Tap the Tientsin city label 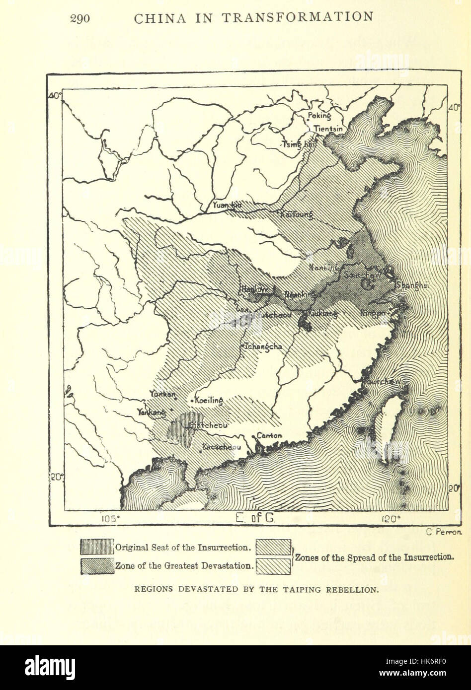tap(328, 129)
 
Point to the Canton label tap(269, 435)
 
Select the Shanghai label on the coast tap(413, 285)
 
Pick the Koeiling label tap(209, 400)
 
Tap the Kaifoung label tap(297, 214)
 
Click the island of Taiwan tap(391, 427)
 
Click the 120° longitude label tap(392, 519)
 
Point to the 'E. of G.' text tap(255, 519)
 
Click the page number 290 tap(80, 18)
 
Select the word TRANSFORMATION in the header tap(298, 17)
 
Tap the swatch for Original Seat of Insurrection tap(97, 547)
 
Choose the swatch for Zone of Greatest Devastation tap(97, 566)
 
